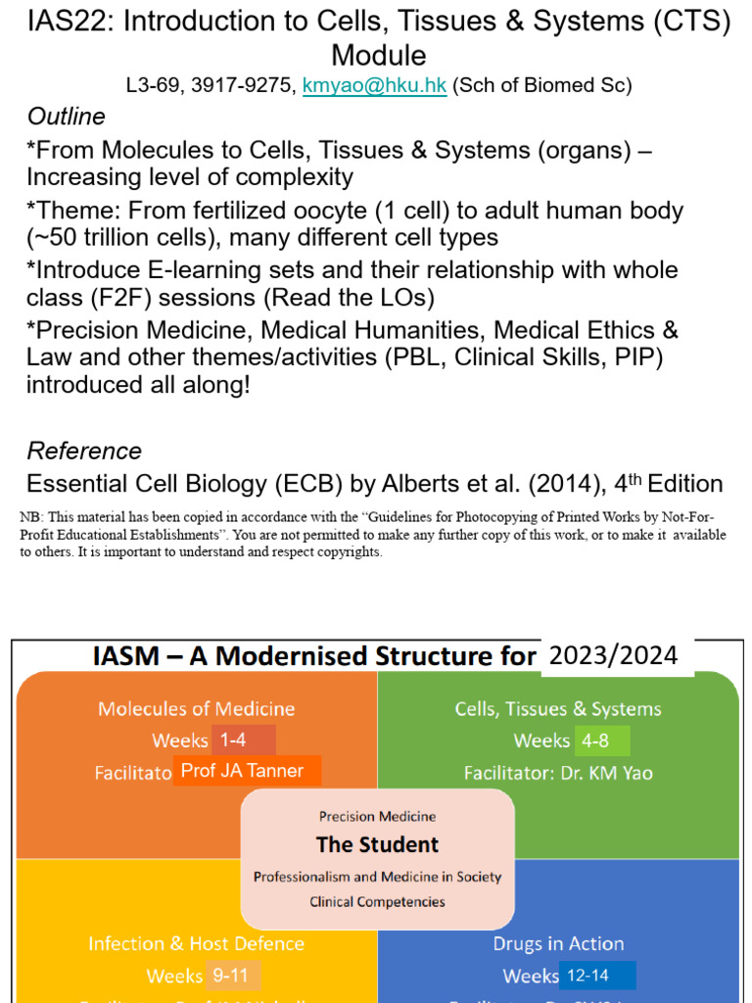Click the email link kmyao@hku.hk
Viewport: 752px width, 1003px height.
click(x=374, y=86)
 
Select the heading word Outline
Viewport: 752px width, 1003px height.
click(x=66, y=118)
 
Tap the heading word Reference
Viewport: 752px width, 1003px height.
click(x=84, y=452)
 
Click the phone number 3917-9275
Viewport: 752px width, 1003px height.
click(x=249, y=86)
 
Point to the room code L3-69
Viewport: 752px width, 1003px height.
click(x=158, y=86)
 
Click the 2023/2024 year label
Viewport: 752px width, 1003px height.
click(x=614, y=655)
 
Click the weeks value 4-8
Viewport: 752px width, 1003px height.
click(x=595, y=740)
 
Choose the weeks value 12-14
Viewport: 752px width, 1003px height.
click(x=596, y=976)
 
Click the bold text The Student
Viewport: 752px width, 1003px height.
click(x=377, y=844)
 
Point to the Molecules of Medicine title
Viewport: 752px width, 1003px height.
click(x=196, y=708)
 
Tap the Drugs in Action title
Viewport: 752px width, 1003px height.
click(x=558, y=943)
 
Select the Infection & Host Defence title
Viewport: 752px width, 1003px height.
click(x=196, y=943)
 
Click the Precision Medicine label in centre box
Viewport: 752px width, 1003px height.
click(x=377, y=816)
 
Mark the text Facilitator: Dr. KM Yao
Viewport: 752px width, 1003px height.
click(x=558, y=773)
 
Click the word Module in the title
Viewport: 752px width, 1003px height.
click(x=378, y=55)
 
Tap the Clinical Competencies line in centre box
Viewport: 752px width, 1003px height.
click(x=377, y=901)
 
